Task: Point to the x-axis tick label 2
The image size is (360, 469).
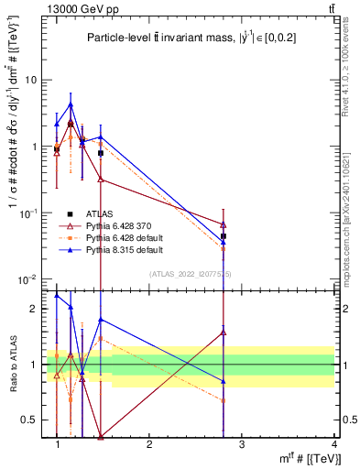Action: click(149, 443)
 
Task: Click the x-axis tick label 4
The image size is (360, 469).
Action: click(333, 443)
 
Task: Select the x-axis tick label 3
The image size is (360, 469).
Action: click(241, 443)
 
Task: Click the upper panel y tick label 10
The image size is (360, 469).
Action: click(29, 80)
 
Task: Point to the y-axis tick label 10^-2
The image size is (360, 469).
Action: click(27, 278)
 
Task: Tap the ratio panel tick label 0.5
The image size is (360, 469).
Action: click(29, 420)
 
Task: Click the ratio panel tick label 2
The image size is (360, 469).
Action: click(33, 309)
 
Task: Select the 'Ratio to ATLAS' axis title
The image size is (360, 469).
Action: click(12, 365)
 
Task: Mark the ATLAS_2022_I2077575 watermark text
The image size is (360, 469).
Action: click(191, 273)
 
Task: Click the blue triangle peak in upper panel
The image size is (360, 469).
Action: click(71, 104)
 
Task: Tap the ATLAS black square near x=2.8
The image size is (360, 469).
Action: click(224, 236)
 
